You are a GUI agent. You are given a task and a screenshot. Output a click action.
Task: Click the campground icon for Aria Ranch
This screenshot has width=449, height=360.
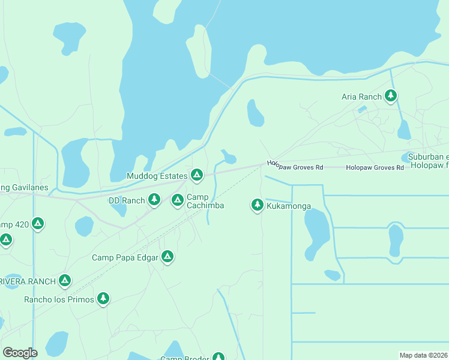(x=391, y=95)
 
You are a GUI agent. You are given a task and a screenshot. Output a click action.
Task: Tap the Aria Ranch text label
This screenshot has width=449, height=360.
(x=361, y=97)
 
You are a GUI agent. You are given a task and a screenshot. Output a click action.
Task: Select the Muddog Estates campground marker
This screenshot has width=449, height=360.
(x=196, y=175)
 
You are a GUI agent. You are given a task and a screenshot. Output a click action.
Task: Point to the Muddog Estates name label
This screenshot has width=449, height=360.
(x=157, y=176)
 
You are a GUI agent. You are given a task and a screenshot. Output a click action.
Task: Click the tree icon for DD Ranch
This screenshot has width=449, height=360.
(x=154, y=199)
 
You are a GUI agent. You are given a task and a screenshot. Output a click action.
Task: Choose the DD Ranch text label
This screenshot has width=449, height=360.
(x=127, y=200)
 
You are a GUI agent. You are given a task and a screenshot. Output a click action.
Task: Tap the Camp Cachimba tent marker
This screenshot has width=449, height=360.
(x=177, y=200)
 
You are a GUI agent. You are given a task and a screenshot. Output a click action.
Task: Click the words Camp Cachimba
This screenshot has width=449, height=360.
(x=205, y=202)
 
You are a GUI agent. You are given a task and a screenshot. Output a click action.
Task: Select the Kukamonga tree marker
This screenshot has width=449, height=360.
(x=257, y=205)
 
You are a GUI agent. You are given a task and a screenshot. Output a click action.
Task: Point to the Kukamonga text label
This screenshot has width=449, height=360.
(x=289, y=206)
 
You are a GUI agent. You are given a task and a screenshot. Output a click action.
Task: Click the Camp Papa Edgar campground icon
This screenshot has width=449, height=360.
(x=167, y=257)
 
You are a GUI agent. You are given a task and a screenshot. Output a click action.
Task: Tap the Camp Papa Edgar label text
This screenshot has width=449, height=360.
(x=125, y=258)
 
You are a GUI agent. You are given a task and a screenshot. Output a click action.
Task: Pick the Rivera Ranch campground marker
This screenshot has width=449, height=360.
(x=65, y=280)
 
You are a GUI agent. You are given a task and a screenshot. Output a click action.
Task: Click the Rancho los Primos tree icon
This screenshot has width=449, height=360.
(x=103, y=298)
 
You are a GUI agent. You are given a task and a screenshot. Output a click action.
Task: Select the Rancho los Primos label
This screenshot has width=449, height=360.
(x=59, y=299)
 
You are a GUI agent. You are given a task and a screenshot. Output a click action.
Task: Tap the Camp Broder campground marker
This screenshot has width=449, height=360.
(x=218, y=358)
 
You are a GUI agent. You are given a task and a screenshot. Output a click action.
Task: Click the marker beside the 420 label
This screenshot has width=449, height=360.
(x=37, y=224)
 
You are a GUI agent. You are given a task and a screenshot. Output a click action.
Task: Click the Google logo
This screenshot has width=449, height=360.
(x=20, y=353)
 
